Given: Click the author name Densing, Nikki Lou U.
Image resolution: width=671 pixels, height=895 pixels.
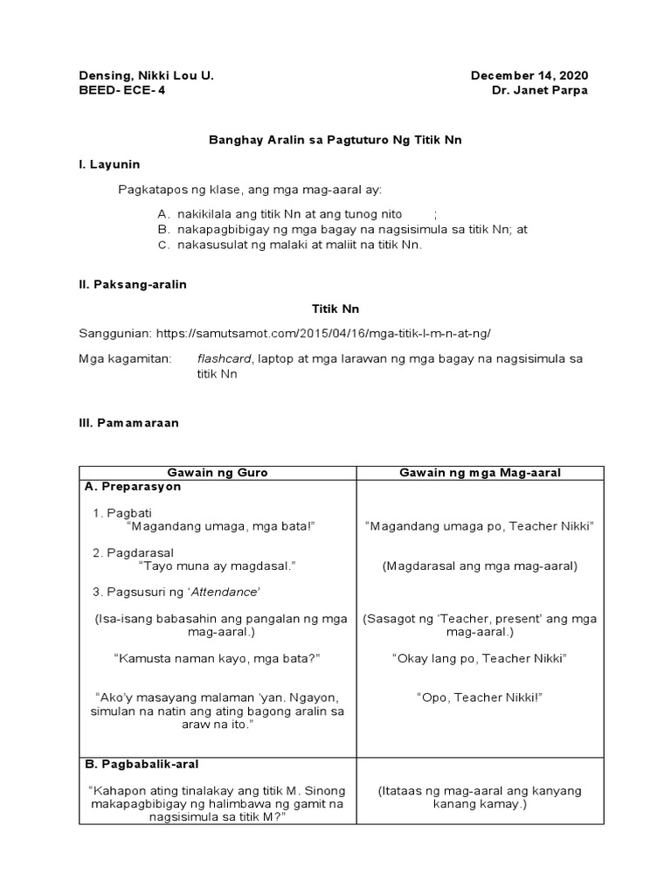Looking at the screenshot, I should coord(146,76).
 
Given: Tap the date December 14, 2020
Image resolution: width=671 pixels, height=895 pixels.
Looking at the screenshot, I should coord(529,76).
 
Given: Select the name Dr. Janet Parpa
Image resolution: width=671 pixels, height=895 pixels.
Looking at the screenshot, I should coord(540,92).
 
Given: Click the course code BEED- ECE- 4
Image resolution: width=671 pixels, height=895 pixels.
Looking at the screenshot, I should coord(121,92).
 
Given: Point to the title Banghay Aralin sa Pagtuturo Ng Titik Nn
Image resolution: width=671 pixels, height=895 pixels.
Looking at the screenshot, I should coord(335,139).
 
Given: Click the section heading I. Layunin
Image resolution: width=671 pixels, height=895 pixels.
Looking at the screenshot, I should coord(109,164).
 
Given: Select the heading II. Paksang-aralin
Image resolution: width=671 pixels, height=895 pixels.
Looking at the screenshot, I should coord(133,284).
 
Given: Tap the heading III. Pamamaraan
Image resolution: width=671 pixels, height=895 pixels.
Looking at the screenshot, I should coord(128,422).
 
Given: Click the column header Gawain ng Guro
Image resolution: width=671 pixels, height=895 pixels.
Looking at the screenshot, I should coord(218,473).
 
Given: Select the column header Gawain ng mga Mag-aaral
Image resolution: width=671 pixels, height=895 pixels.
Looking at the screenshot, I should coord(480,473).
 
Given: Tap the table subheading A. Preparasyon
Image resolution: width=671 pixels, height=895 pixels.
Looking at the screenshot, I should coord(132,487).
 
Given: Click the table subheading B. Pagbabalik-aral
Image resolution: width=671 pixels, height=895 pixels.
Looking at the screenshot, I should coord(142,764).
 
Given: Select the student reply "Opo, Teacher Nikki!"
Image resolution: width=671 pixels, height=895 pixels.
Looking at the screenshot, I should coord(480,697).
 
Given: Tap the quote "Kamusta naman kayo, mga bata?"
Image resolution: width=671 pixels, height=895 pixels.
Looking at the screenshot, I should coord(217,657).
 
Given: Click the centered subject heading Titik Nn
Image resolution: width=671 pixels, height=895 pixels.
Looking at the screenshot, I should coord(335,309).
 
